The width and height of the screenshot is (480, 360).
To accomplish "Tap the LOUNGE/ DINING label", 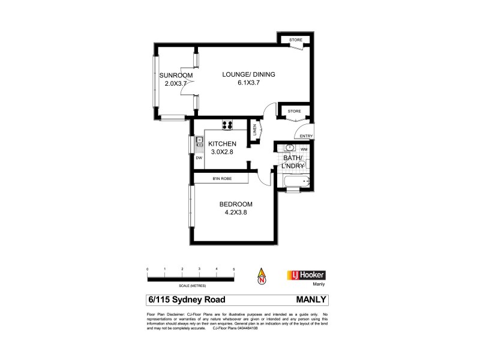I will click(248, 74).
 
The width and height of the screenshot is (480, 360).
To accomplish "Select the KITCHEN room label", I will click(222, 144).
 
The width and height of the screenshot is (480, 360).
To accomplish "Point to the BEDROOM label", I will click(236, 204).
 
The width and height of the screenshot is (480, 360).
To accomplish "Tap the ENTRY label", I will click(307, 136).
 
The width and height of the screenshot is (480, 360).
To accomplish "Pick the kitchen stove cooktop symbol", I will click(228, 125).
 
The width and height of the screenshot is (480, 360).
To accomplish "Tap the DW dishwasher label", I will click(199, 158).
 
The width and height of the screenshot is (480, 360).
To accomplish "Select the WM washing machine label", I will click(304, 149).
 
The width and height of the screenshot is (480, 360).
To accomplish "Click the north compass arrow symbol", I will click(262, 276).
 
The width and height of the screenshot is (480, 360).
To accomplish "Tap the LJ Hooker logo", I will click(308, 275).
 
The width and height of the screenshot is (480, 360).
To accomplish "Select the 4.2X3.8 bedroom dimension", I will click(236, 212).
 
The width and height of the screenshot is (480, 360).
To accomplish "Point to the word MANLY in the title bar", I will click(311, 299).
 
